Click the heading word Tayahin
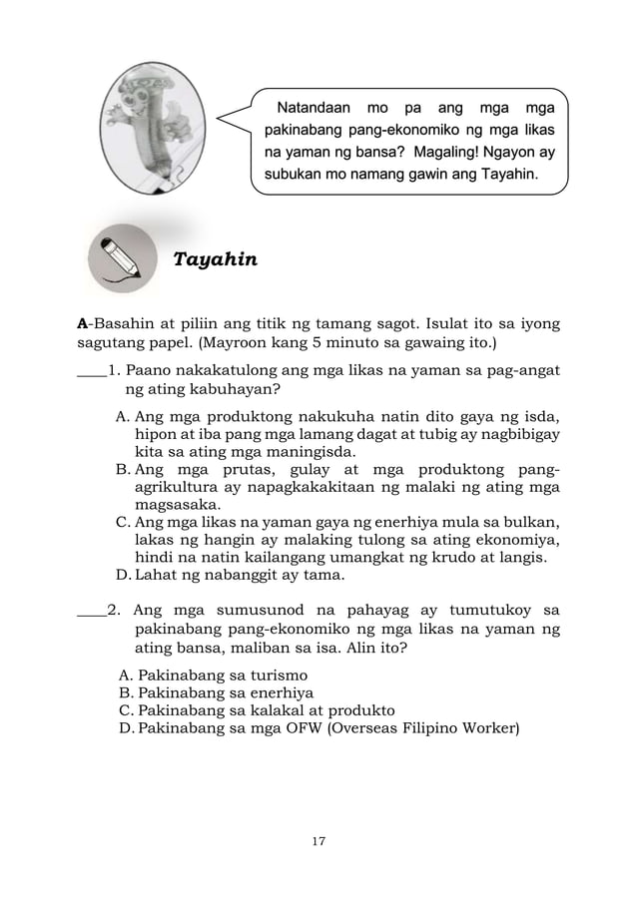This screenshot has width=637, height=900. click(215, 260)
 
